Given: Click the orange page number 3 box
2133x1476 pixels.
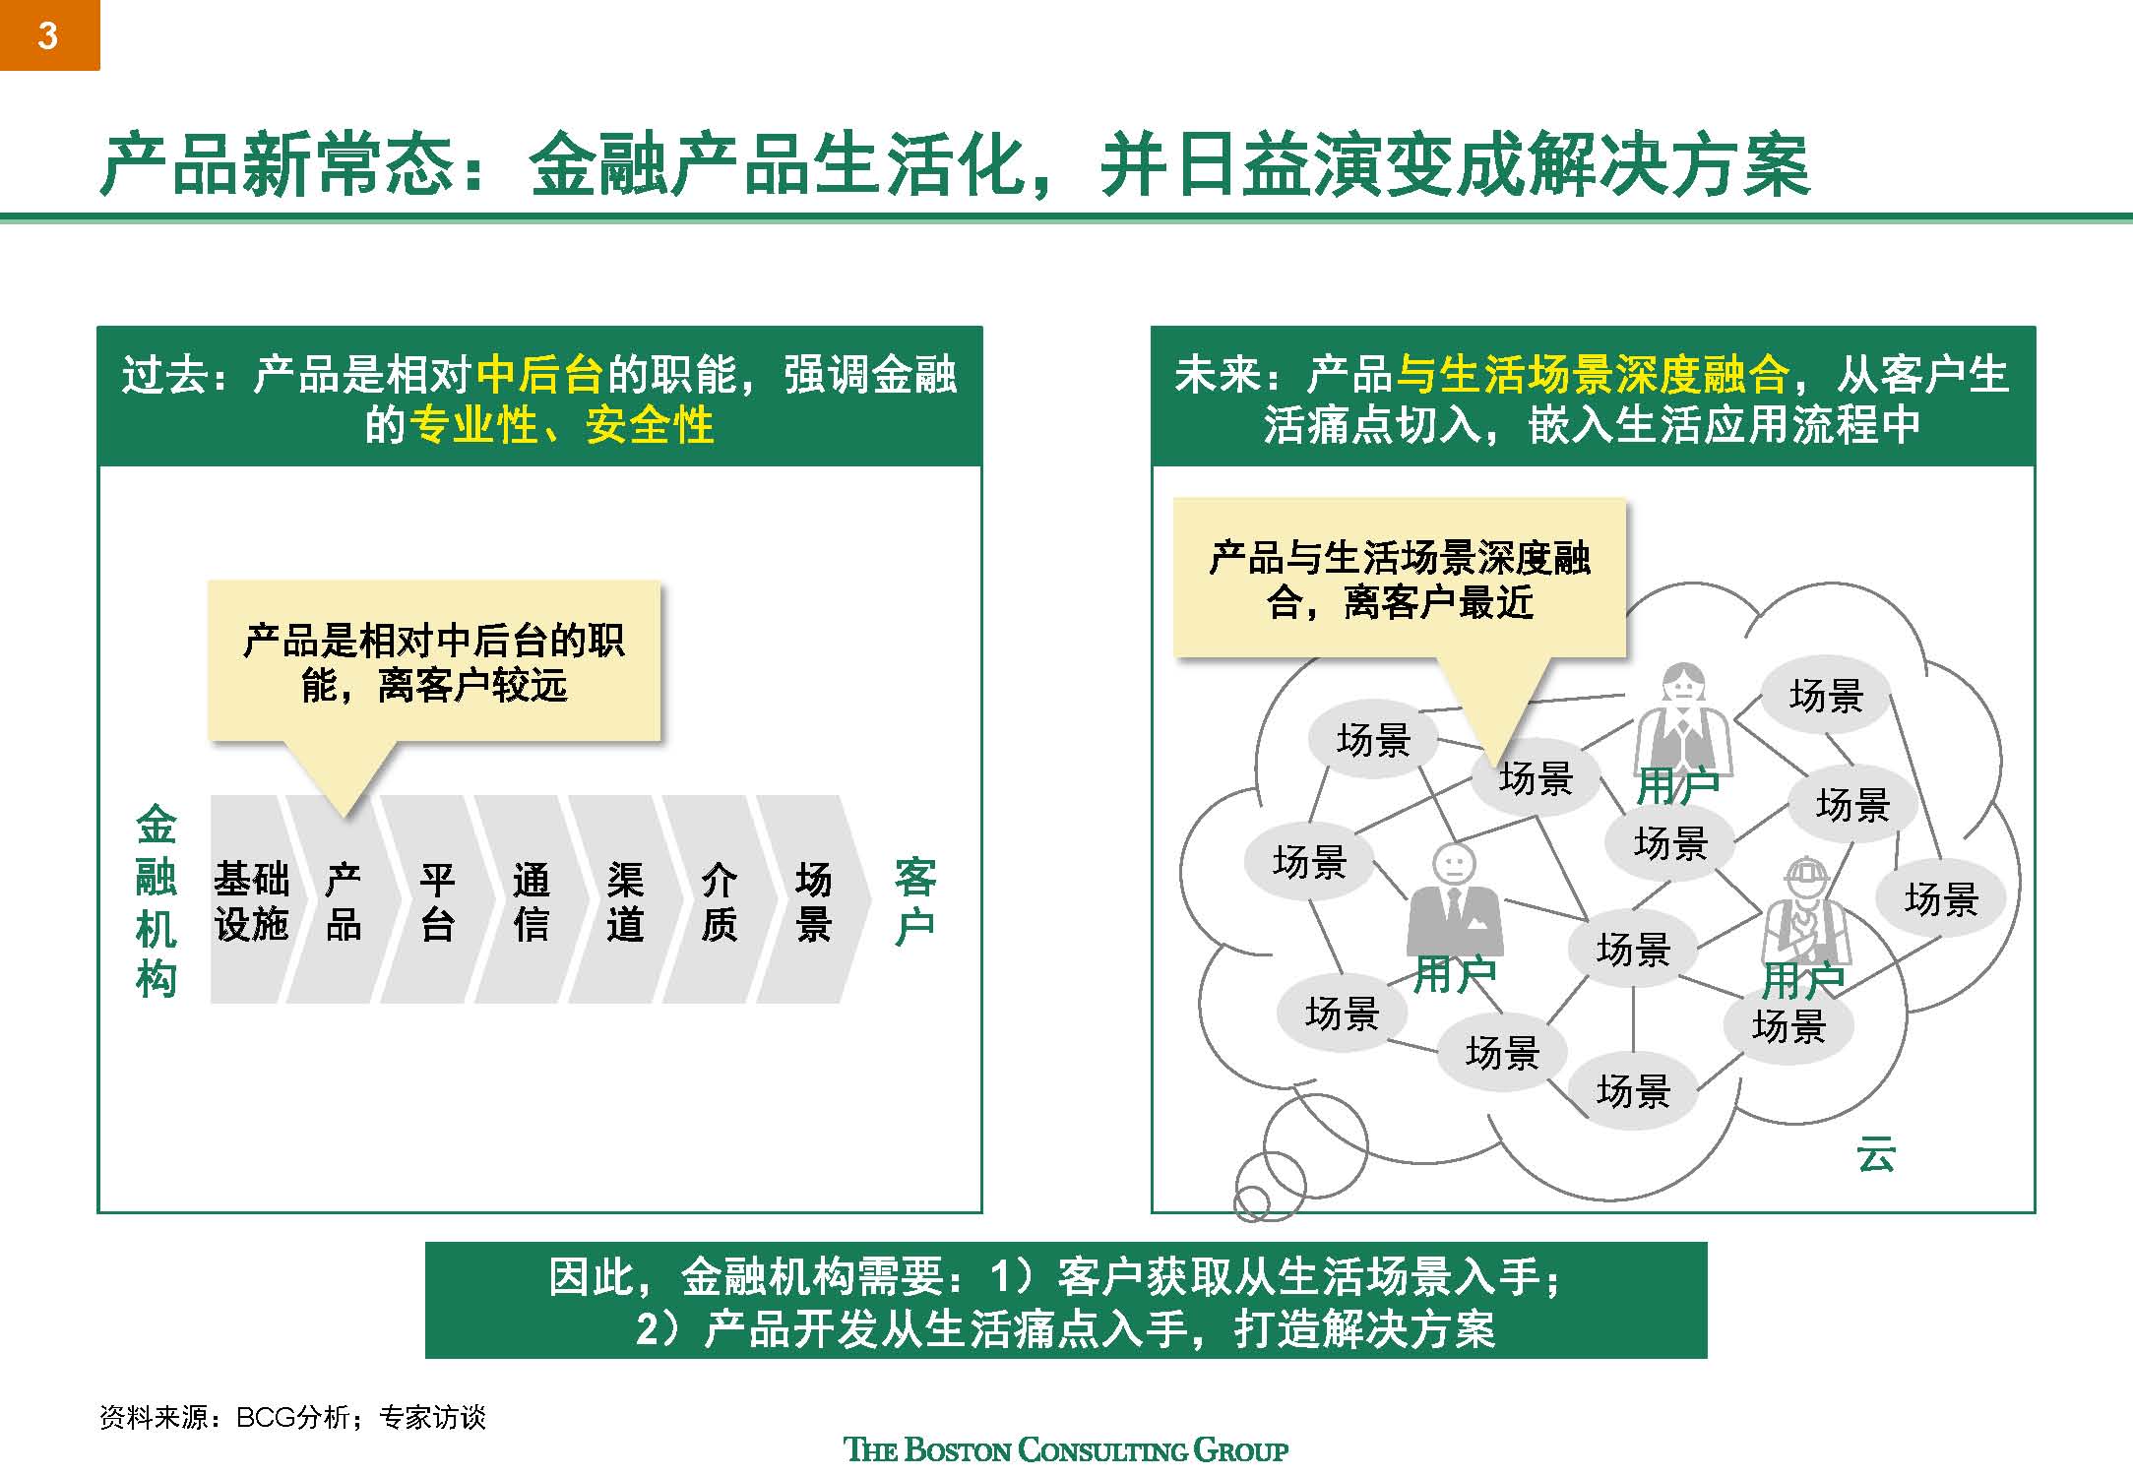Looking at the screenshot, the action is tap(49, 35).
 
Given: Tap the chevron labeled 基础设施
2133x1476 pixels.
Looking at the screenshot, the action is tap(251, 900).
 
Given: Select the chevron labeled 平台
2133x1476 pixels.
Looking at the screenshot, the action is tap(436, 900).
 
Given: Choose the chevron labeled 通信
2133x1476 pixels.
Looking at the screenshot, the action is tap(531, 900).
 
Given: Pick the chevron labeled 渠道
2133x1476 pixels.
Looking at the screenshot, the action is tap(624, 900).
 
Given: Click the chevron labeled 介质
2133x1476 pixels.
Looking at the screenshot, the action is tap(719, 900).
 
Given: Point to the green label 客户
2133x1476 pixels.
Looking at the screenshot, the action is tap(914, 901).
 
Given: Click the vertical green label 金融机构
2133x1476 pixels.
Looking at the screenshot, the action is tap(156, 900).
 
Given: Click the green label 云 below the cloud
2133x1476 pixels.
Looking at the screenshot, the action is tap(1874, 1154).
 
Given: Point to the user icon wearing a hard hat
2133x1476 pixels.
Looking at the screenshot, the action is tap(1805, 910).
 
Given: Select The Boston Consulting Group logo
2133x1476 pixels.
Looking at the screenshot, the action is tap(1066, 1449).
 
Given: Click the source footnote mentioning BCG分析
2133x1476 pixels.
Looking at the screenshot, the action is tap(292, 1417).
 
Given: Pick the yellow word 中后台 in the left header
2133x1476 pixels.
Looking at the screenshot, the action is tap(539, 375).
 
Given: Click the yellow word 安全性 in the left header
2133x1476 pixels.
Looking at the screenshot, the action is tap(649, 426).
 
